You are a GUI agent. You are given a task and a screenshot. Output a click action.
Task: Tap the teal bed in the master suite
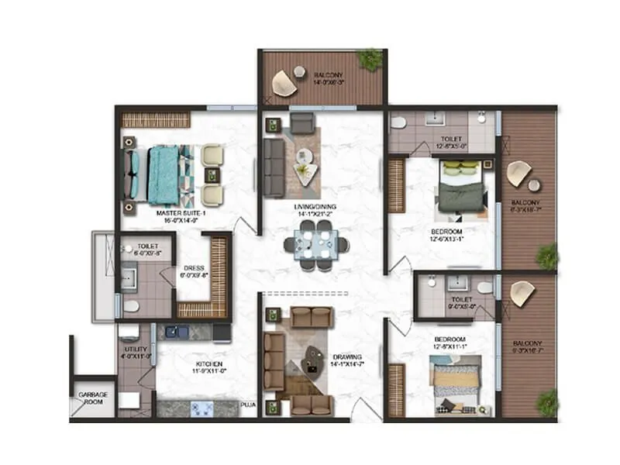164,173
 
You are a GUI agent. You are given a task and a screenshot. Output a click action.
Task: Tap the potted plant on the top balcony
370,59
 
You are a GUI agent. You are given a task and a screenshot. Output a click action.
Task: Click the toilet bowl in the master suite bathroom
131,306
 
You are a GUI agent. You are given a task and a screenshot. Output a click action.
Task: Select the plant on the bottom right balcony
548,401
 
